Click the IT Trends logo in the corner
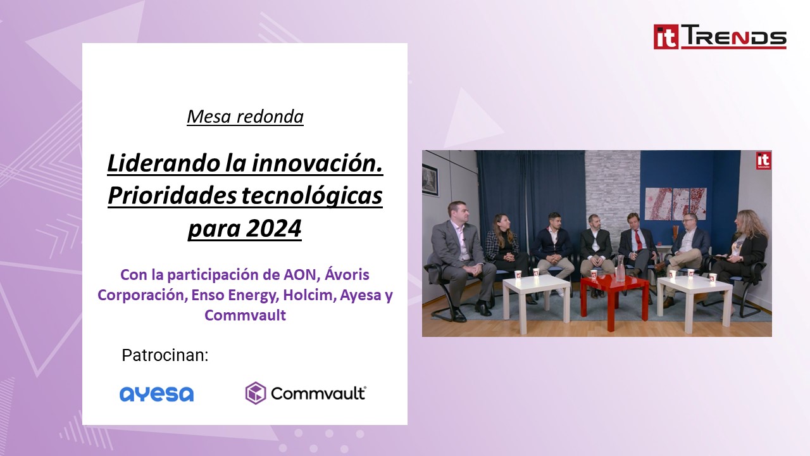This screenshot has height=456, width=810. [x=720, y=37]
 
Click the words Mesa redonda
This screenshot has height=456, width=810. [x=245, y=117]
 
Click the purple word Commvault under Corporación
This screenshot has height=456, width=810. [x=245, y=315]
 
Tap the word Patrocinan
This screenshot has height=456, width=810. [x=165, y=355]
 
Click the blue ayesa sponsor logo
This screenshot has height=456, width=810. [x=156, y=394]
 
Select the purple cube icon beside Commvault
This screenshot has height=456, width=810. [x=255, y=393]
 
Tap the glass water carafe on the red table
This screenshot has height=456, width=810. [x=620, y=269]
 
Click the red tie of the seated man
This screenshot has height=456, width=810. [x=638, y=240]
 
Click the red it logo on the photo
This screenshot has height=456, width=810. [x=763, y=160]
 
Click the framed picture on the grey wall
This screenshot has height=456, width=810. [x=430, y=180]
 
